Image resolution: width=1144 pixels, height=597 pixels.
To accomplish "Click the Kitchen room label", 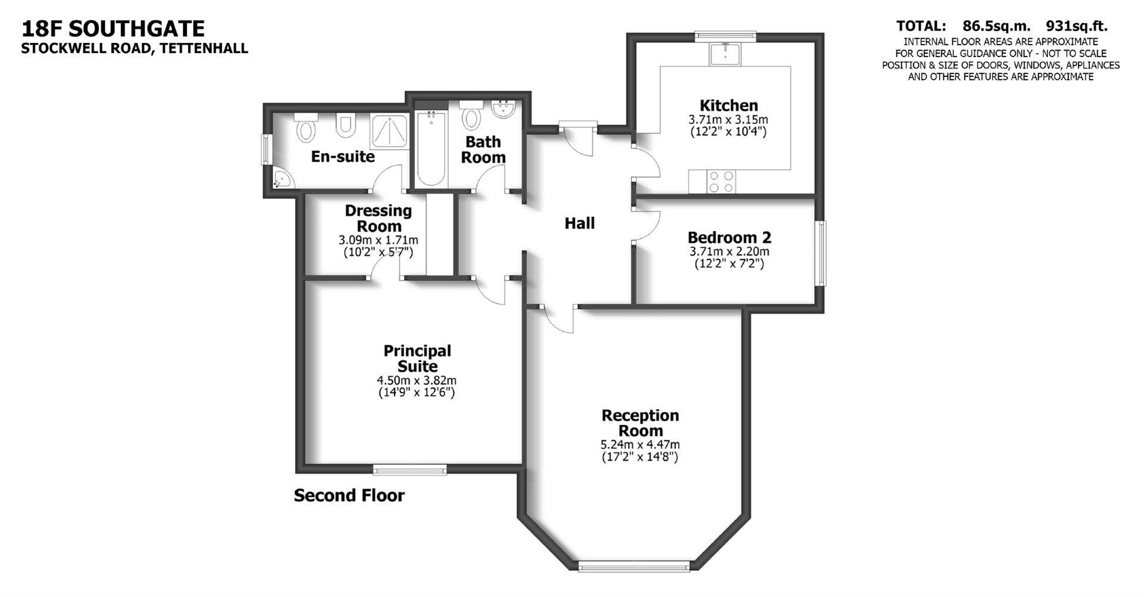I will (x=729, y=105).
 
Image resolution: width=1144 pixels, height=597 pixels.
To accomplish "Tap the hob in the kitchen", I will (x=720, y=182).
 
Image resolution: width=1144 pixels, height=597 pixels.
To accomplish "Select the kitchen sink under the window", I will (x=725, y=54).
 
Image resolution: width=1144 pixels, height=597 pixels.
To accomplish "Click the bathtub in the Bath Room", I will (x=430, y=149).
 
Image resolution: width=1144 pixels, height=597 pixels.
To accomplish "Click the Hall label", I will (x=579, y=223).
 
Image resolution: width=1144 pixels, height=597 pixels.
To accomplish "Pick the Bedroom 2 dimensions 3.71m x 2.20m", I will (x=729, y=251).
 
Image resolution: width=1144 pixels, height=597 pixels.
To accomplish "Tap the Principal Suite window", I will (x=410, y=469).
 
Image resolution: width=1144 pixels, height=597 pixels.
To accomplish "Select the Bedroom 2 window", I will (x=821, y=253).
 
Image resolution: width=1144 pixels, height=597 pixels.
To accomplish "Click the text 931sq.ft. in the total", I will (x=1077, y=26).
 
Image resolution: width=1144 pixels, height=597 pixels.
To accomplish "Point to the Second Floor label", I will (x=349, y=496).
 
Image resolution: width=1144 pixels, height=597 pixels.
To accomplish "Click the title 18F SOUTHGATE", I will (x=113, y=29).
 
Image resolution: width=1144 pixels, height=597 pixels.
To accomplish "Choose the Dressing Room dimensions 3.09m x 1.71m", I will (x=378, y=240).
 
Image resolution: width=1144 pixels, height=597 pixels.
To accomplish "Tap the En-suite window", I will (x=267, y=148).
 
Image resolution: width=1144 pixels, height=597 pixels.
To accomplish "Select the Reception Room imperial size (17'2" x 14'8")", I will (x=640, y=458).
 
